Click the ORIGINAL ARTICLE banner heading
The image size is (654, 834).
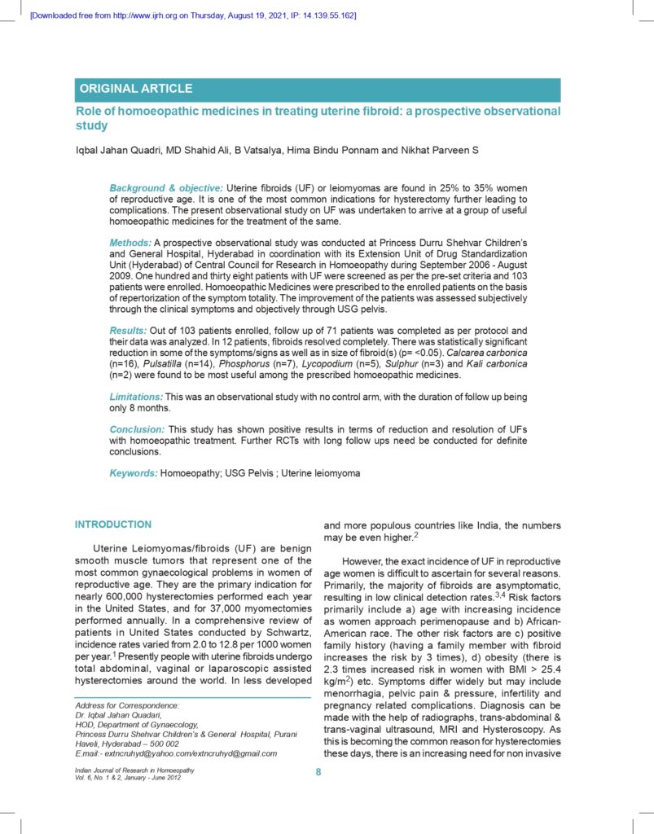pyautogui.click(x=135, y=89)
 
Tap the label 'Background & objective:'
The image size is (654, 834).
pyautogui.click(x=165, y=188)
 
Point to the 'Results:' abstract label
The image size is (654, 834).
pyautogui.click(x=129, y=330)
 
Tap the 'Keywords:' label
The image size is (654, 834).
pyautogui.click(x=134, y=472)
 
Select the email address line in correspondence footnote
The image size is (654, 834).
pyautogui.click(x=175, y=753)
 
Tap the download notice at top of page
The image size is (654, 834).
pyautogui.click(x=192, y=15)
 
